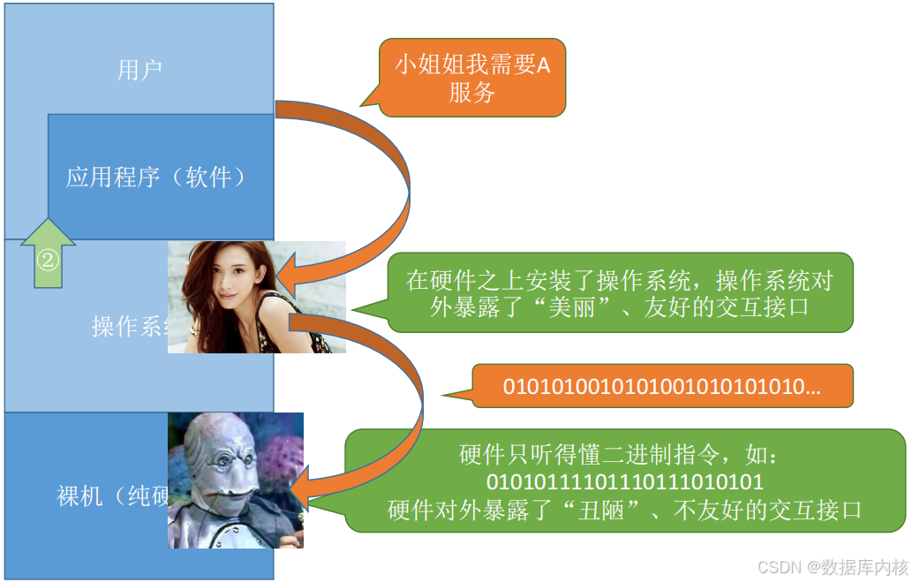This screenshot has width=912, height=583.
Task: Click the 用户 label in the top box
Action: tap(139, 70)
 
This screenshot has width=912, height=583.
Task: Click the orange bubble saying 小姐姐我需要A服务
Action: tap(472, 79)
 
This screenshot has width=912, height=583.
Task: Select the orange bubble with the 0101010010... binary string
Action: tap(662, 386)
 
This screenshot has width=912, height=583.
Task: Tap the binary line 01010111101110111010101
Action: tap(625, 483)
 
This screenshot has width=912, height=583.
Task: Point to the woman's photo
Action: tap(256, 297)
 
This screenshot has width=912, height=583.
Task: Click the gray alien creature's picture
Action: tap(236, 480)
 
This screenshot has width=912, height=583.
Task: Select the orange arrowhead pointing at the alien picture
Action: tap(302, 491)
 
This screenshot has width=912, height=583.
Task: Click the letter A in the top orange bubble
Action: tap(543, 65)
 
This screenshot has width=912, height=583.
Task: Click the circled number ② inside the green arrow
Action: tap(48, 260)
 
